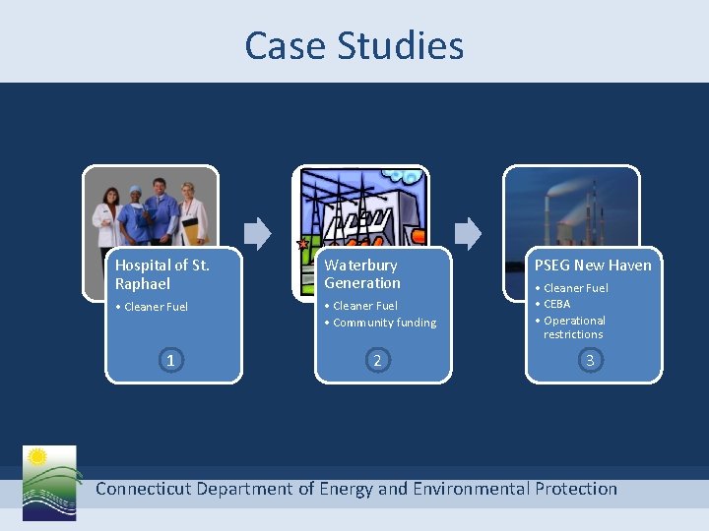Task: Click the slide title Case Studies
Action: [354, 45]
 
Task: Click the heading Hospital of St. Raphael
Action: [162, 273]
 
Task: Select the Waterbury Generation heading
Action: [362, 273]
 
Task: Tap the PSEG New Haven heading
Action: [593, 265]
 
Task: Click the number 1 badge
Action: [170, 360]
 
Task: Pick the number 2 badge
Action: [377, 360]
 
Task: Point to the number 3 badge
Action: [590, 360]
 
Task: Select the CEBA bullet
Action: [556, 304]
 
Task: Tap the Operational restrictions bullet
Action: [574, 327]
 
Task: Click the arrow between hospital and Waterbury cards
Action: [256, 233]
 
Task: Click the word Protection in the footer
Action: [576, 488]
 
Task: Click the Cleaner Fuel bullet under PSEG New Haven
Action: [576, 288]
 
